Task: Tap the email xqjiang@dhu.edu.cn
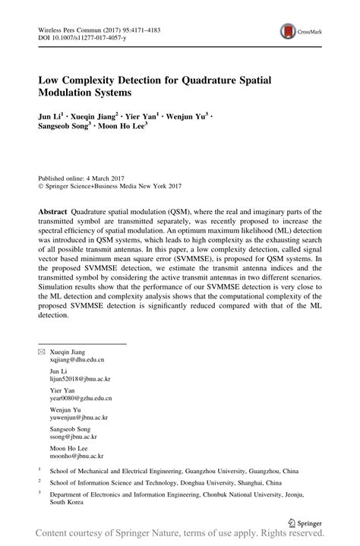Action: [77, 383]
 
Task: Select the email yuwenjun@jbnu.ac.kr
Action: [78, 439]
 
